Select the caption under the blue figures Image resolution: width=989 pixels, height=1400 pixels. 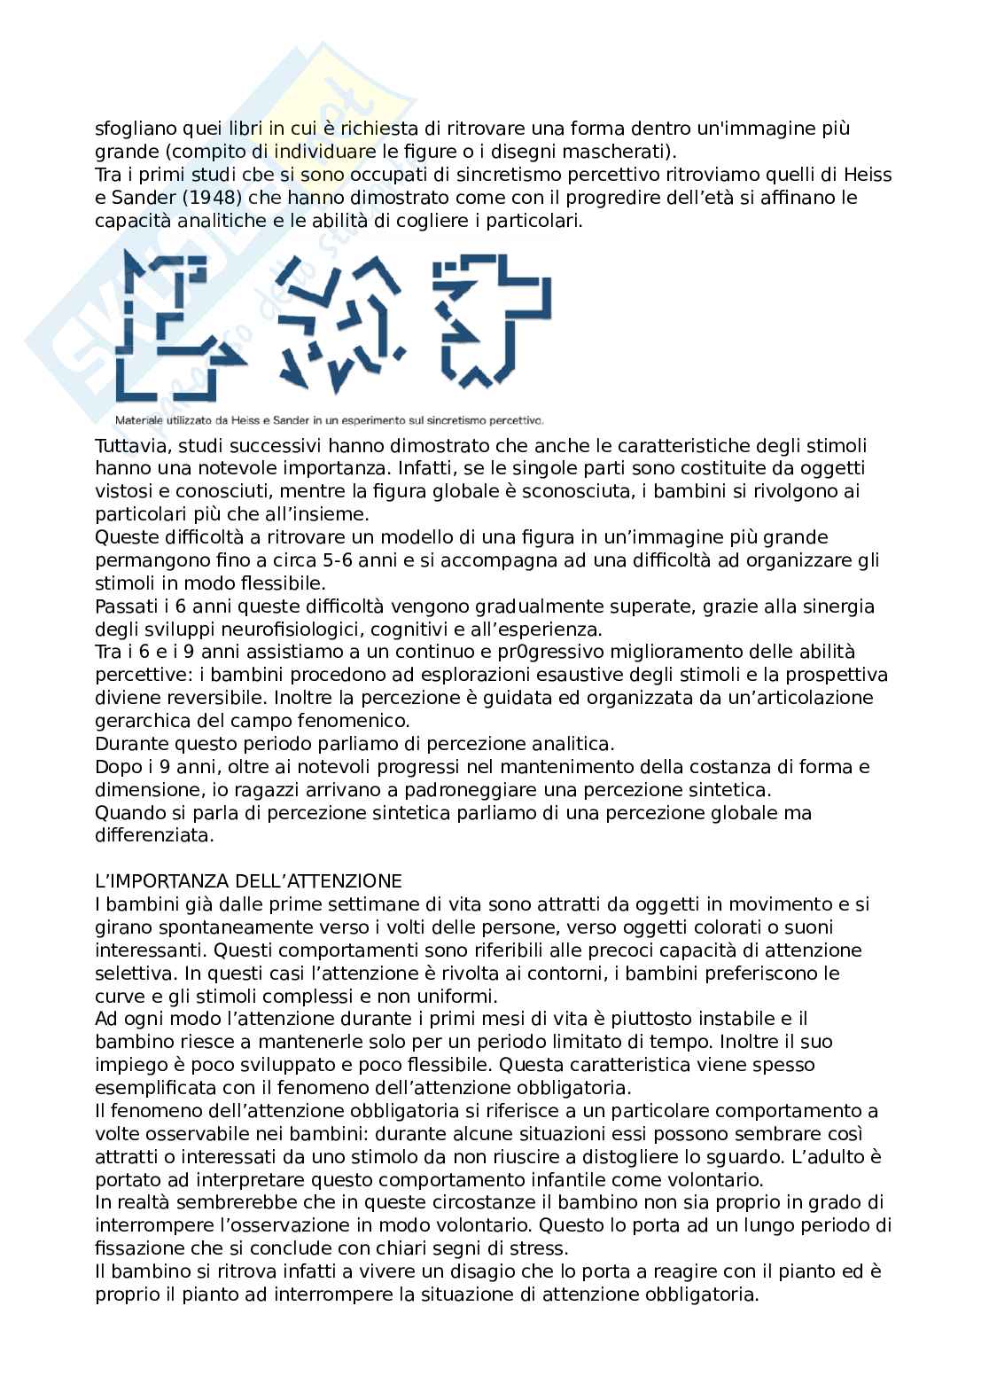(x=329, y=420)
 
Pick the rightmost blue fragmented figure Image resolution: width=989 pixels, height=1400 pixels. (x=490, y=321)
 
